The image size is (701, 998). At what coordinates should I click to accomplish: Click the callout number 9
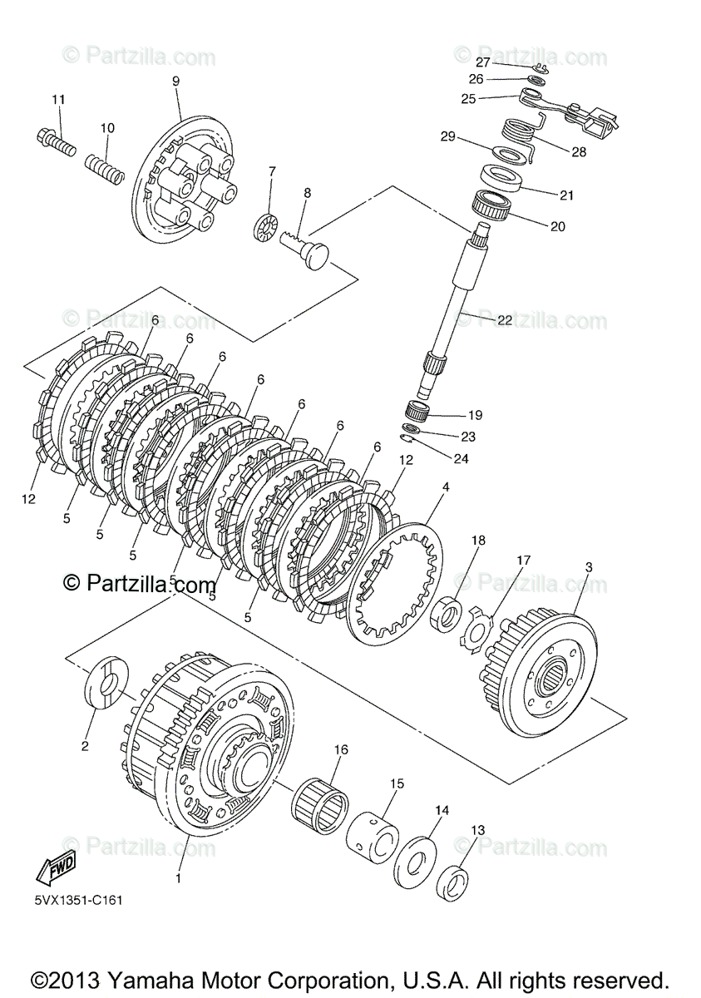tap(175, 81)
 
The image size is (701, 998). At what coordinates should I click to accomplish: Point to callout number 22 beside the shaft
tap(505, 320)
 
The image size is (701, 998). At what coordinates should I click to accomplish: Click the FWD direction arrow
tap(56, 870)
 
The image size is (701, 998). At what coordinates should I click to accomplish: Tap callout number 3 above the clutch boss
tap(589, 567)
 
